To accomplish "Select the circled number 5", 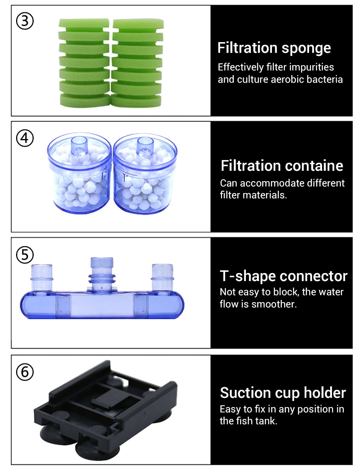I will [x=25, y=255].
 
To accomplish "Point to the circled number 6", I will [x=25, y=372].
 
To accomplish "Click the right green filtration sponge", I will [x=137, y=63].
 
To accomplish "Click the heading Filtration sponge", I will [x=274, y=48].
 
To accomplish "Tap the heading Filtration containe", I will [x=282, y=165].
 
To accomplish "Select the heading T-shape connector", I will [x=283, y=276].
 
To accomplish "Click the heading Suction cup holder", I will [x=283, y=392].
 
